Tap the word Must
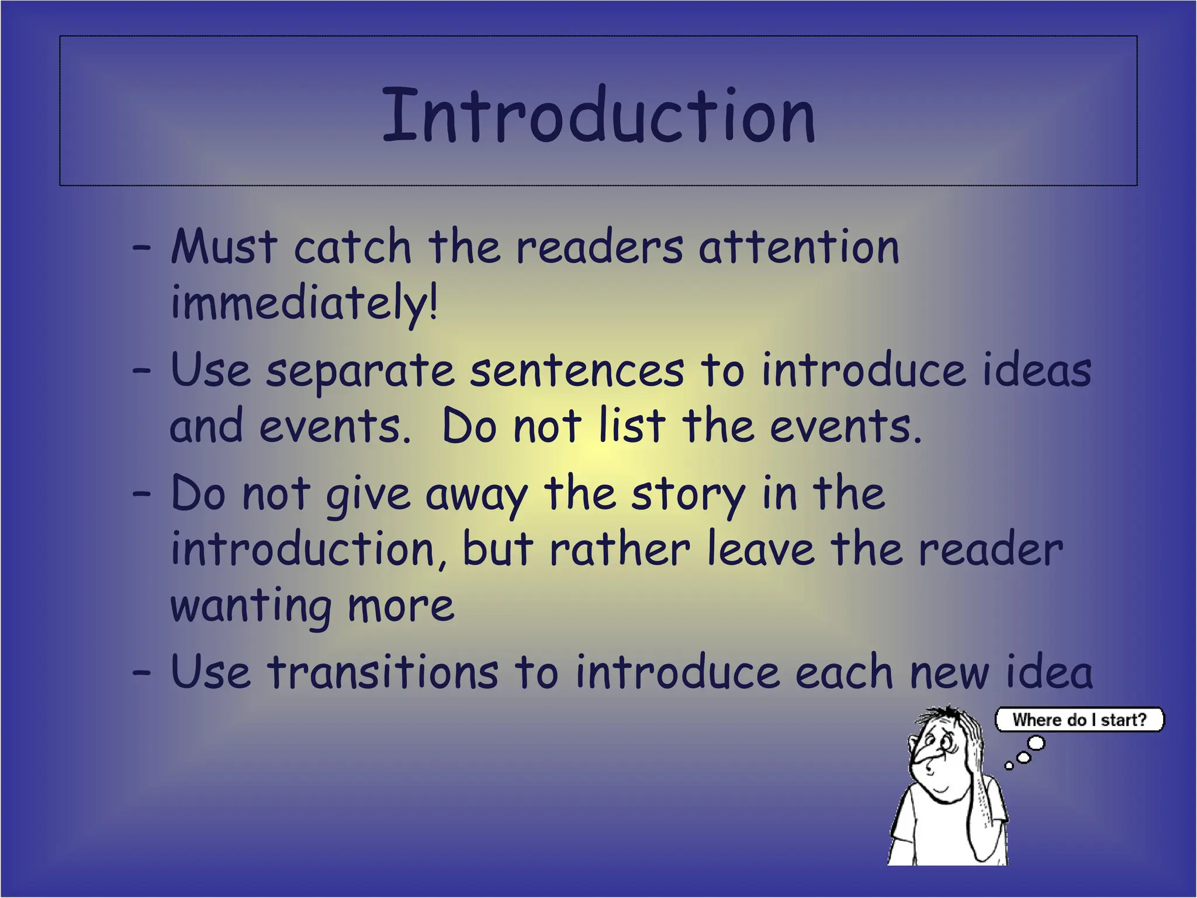tap(224, 247)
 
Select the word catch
tap(352, 247)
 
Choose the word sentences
tap(576, 371)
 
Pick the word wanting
tap(251, 607)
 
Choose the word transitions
tap(383, 672)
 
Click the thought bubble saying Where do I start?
tap(1080, 720)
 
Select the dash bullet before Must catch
tap(141, 248)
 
